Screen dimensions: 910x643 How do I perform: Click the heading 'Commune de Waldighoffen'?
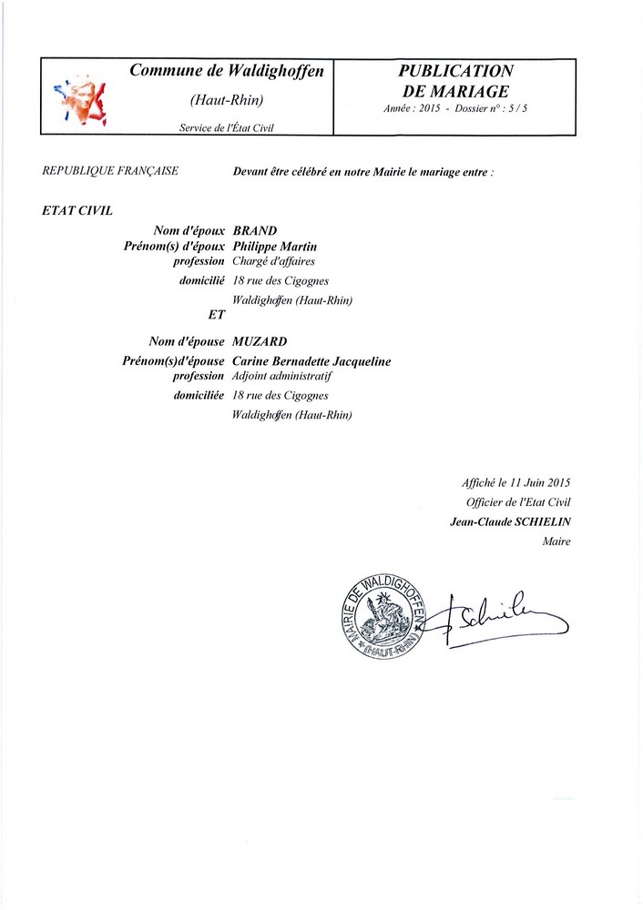click(227, 71)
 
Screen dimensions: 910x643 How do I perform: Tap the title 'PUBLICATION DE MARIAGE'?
click(455, 81)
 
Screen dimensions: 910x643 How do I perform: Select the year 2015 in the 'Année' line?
click(429, 108)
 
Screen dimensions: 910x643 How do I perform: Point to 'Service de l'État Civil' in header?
click(227, 128)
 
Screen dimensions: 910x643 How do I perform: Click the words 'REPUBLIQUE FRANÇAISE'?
click(110, 170)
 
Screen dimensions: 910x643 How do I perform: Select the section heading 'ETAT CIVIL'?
click(77, 210)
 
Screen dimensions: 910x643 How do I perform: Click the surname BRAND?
click(255, 232)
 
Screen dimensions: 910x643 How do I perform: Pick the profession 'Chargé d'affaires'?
click(274, 261)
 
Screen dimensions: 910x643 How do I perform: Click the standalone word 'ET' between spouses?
click(217, 315)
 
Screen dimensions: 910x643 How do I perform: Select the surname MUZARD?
click(260, 342)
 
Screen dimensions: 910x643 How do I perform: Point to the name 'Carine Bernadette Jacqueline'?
click(311, 361)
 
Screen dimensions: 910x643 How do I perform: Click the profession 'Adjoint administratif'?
click(285, 376)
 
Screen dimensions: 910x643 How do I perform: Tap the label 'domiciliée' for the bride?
click(199, 396)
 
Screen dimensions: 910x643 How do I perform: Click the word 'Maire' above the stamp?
click(556, 541)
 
